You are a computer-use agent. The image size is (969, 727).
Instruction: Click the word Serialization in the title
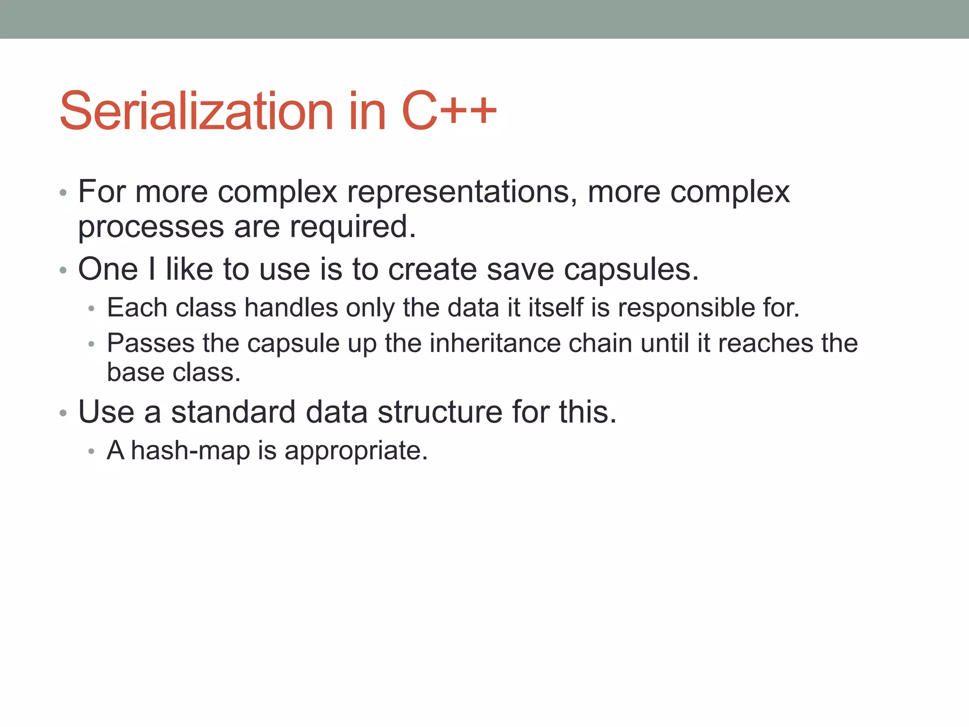pos(196,111)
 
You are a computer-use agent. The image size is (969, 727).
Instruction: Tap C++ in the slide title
pos(449,111)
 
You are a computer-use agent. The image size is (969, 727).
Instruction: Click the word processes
pos(151,227)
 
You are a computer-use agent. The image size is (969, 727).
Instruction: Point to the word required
pos(352,227)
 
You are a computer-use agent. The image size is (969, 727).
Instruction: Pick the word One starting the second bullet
pos(108,269)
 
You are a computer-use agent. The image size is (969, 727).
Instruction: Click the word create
pos(432,269)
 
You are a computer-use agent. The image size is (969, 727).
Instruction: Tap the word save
pos(520,269)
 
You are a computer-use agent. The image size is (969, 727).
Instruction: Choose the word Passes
pos(150,343)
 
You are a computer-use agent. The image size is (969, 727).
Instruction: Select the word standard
pos(233,412)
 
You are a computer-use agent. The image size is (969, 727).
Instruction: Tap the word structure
pos(440,412)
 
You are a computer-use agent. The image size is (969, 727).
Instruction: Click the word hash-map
pos(190,450)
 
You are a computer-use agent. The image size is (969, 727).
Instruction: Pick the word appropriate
pos(356,451)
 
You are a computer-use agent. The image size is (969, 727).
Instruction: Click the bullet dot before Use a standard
pos(63,413)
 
